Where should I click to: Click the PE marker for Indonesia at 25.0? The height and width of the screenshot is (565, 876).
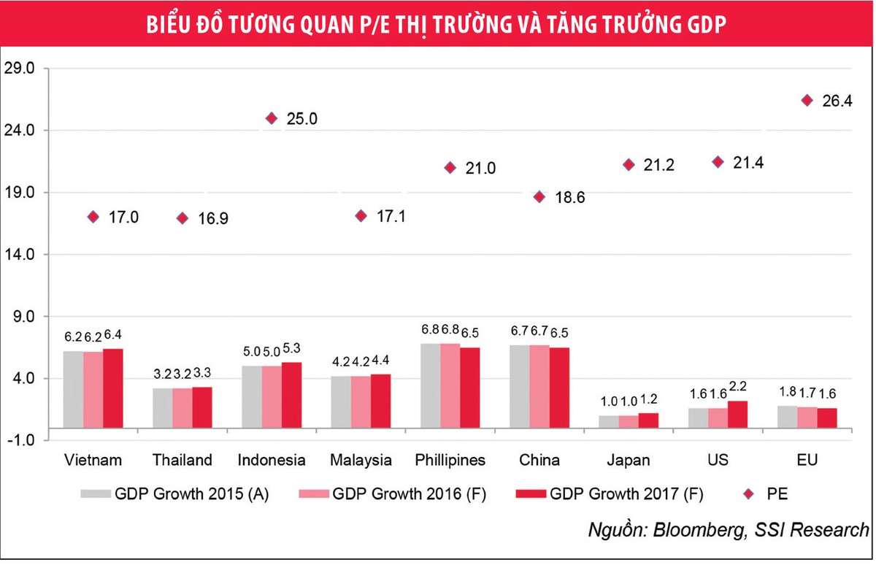(x=272, y=118)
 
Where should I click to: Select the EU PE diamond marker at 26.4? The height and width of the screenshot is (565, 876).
(x=807, y=100)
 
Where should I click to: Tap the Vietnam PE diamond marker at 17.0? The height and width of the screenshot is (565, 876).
(x=93, y=217)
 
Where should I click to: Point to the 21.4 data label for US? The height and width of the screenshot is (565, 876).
(x=748, y=163)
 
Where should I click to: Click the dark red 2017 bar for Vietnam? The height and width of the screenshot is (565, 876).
(x=112, y=388)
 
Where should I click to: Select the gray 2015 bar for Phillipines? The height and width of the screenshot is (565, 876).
(x=431, y=385)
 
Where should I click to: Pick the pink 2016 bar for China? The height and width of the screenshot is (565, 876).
(x=539, y=385)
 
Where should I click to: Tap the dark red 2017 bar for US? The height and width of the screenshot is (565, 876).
(x=737, y=413)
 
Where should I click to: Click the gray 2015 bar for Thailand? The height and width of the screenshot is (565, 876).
(x=162, y=407)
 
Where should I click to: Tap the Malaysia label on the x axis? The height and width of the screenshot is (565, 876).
(x=361, y=461)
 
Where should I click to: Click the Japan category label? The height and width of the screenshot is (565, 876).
(x=628, y=461)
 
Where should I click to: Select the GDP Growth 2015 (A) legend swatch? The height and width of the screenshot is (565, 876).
(x=95, y=494)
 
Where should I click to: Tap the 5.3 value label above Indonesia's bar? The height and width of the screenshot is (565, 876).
(x=292, y=352)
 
